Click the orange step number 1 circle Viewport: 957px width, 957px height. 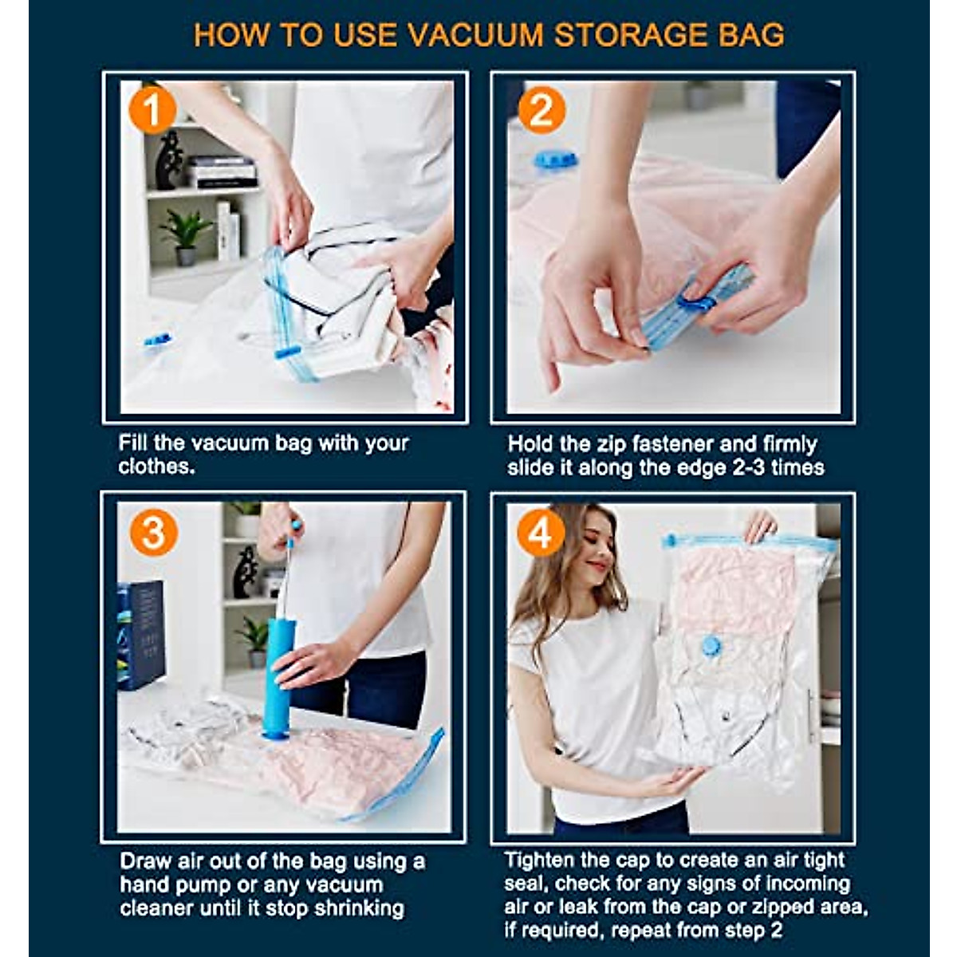click(151, 111)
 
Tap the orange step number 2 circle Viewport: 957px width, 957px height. click(542, 111)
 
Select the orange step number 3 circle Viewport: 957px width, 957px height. click(153, 532)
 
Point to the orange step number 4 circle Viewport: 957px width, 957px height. click(541, 532)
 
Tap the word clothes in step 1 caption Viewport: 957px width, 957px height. click(156, 467)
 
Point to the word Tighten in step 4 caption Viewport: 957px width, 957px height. click(542, 861)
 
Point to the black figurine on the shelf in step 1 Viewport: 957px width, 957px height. click(169, 160)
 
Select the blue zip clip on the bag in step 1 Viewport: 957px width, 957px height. click(286, 351)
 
